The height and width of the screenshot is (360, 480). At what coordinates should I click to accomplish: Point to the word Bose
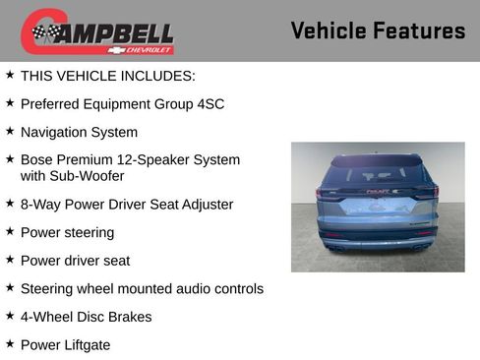coord(37,159)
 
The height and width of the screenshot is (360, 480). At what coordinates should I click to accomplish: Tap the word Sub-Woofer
coord(88,176)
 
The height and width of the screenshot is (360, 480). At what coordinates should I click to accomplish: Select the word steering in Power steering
coord(89,233)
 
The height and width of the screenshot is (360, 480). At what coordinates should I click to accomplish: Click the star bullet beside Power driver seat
coord(10,260)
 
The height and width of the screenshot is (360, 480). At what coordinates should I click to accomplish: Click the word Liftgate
coord(86,345)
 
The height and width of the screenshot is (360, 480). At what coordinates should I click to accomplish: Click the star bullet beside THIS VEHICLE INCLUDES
coord(10,75)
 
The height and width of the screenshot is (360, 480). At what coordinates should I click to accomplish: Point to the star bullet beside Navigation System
coord(10,131)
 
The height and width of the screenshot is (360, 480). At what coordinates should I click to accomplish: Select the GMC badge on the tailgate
coord(377,193)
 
